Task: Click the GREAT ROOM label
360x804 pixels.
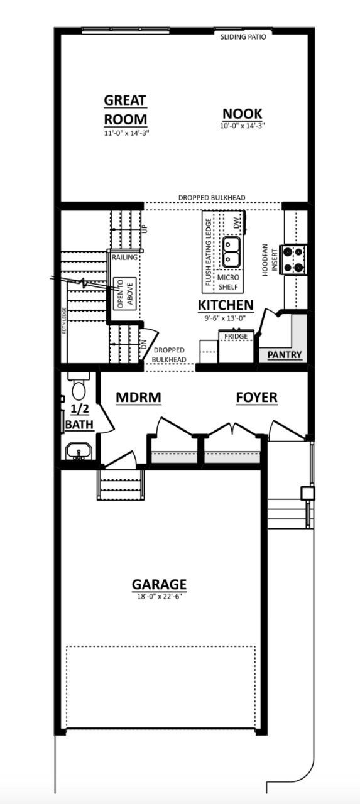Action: pos(125,109)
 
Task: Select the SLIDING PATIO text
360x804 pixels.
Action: pos(243,37)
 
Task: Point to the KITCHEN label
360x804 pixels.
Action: pos(226,305)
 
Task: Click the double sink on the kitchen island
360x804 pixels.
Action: pos(232,251)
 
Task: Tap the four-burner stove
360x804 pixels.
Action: pos(293,259)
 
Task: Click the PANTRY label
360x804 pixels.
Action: pos(285,355)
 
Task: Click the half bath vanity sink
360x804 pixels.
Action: pos(79,451)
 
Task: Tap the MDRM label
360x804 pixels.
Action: pos(139,398)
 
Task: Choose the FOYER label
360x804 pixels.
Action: pos(256,398)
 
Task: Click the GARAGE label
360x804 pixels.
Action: pos(159,584)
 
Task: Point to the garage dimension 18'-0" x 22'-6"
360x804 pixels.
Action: pos(159,596)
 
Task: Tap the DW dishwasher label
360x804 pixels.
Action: pos(237,222)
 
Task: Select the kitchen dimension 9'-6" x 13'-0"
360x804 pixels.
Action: pos(226,318)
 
